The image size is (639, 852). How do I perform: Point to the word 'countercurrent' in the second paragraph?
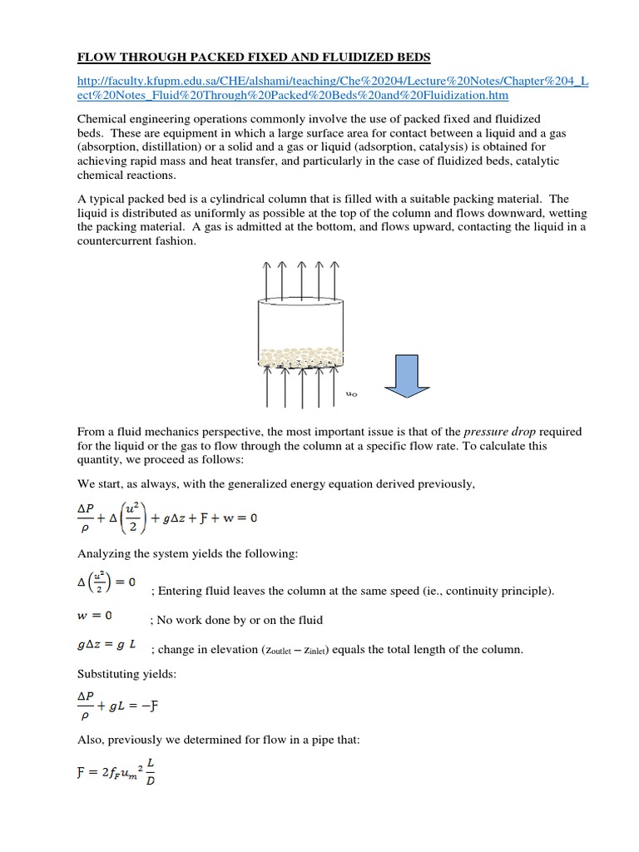116,241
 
